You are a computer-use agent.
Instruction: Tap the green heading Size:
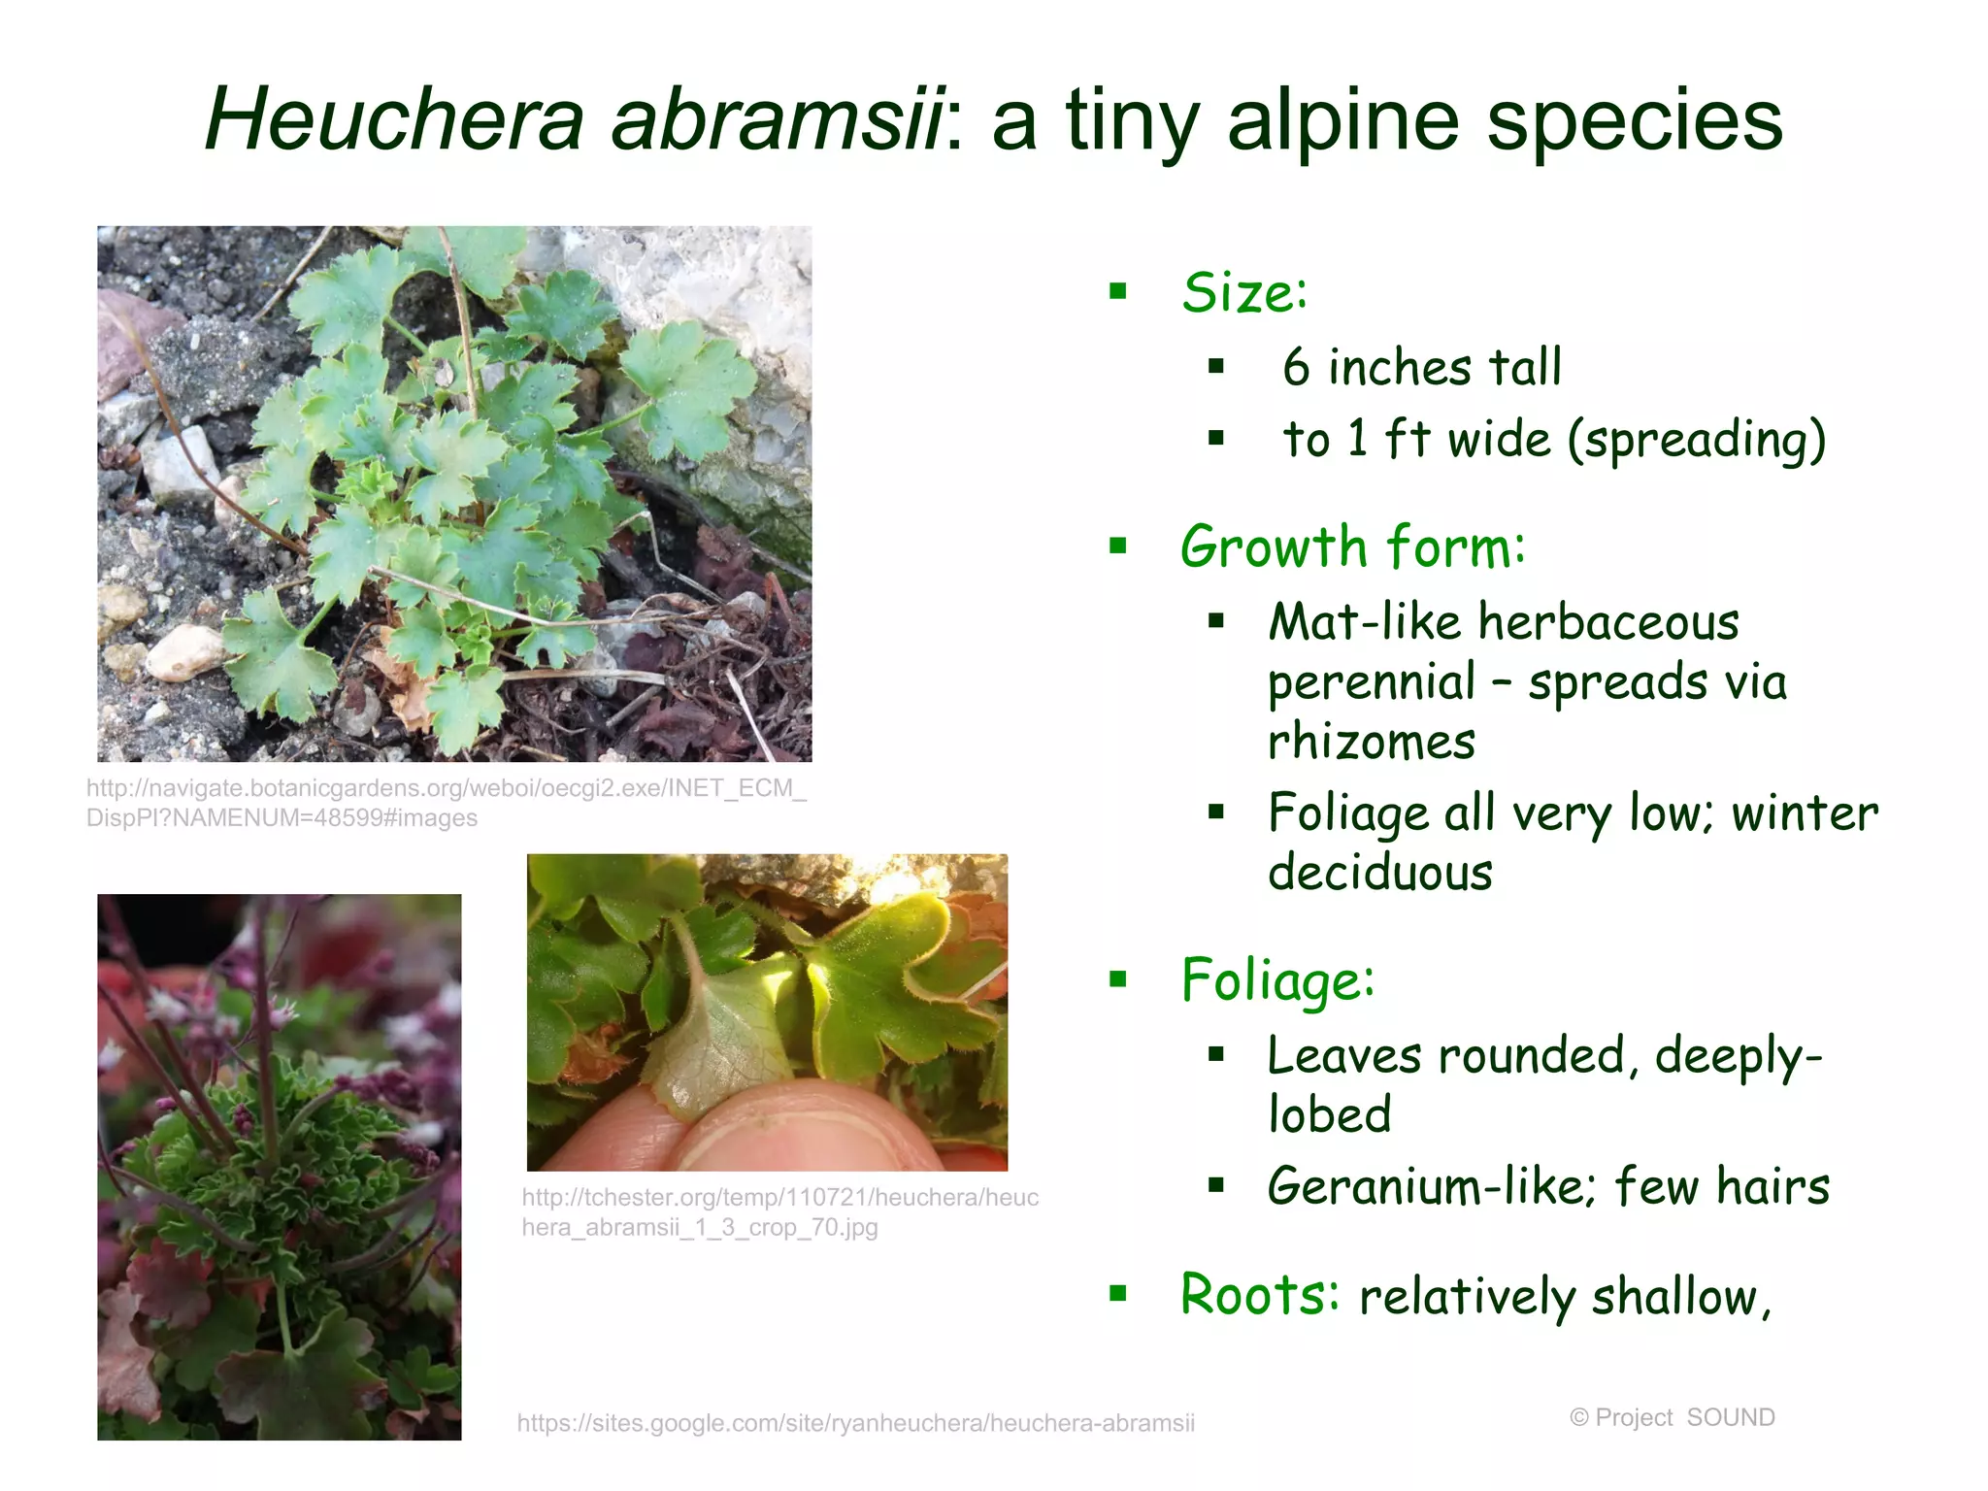(x=1244, y=292)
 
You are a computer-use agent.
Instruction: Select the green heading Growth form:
(x=1352, y=547)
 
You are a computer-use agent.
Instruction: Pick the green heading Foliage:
(x=1277, y=979)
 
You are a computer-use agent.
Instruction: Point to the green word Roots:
(x=1259, y=1294)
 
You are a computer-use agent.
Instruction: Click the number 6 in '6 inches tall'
(x=1296, y=368)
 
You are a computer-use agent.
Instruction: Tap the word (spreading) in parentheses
(x=1697, y=440)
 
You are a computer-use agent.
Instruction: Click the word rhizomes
(x=1371, y=743)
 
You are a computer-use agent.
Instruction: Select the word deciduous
(x=1379, y=872)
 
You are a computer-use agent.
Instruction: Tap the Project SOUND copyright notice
(x=1672, y=1417)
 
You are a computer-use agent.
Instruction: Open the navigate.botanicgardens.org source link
(x=446, y=802)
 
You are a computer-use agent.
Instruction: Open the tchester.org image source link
(x=779, y=1211)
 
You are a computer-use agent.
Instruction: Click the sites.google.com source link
(x=855, y=1423)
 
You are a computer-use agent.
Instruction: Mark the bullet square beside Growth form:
(x=1118, y=547)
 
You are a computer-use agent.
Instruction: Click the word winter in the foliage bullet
(x=1805, y=813)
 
